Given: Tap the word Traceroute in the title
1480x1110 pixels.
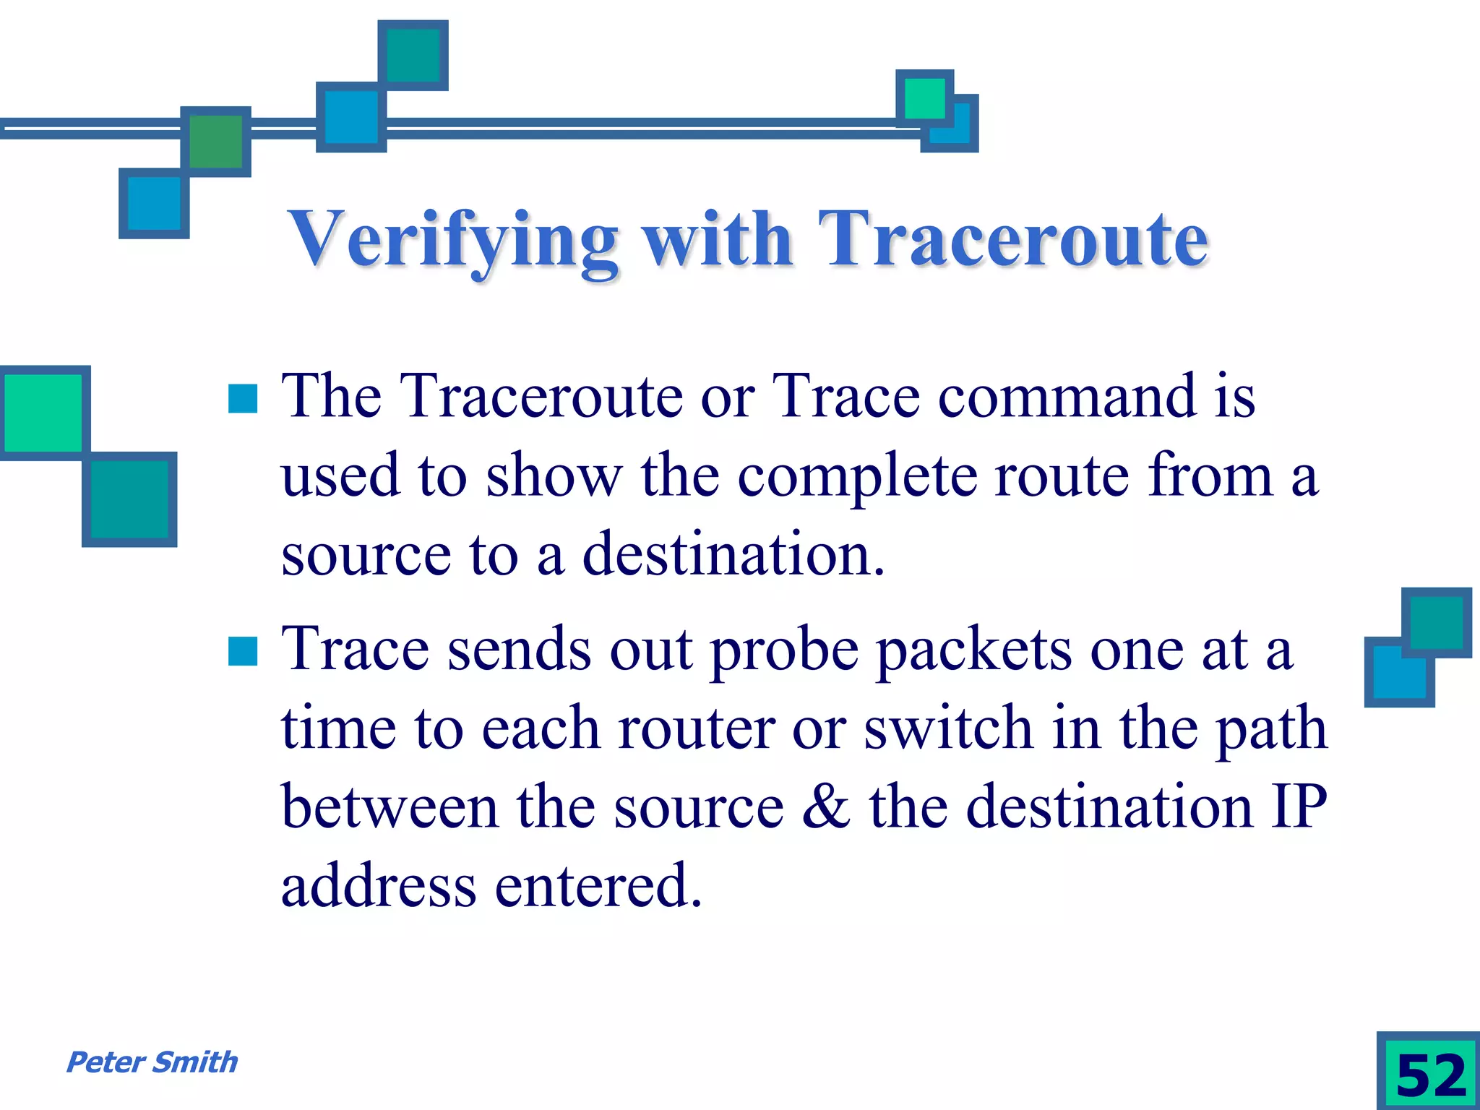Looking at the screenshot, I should (x=1012, y=240).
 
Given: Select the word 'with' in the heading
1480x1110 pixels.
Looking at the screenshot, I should (x=718, y=240).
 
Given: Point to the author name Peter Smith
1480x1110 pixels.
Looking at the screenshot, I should (x=152, y=1062).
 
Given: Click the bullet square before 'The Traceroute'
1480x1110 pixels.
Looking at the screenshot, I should (x=243, y=398).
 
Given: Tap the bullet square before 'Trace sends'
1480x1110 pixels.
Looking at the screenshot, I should (x=243, y=650).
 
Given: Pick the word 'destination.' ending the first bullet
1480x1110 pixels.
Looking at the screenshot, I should (x=733, y=554).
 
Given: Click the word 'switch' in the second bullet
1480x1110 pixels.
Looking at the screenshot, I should (x=948, y=728).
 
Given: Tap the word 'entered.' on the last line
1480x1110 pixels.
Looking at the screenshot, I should (x=598, y=886).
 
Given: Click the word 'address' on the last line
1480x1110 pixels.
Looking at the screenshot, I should (x=379, y=886).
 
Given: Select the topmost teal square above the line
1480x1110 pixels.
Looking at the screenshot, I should (x=413, y=55).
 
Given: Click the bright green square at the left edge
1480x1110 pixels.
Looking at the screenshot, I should (x=43, y=413).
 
